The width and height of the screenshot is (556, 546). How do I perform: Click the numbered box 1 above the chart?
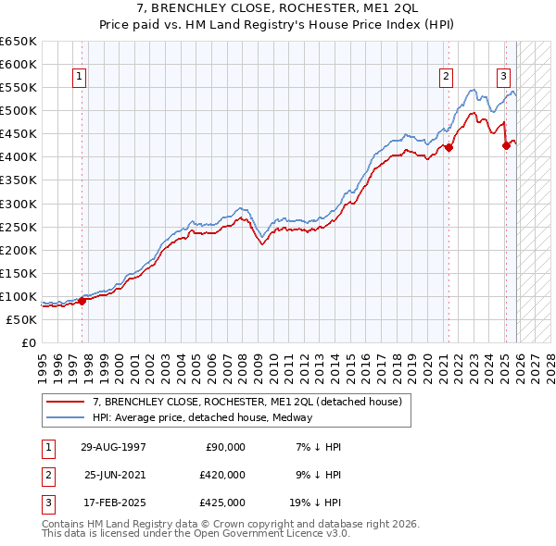80,77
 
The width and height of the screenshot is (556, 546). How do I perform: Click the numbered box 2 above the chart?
447,77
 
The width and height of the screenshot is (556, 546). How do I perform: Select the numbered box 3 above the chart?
503,77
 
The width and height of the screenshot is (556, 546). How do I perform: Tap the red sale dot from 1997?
82,300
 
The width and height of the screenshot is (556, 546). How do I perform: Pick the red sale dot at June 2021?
449,147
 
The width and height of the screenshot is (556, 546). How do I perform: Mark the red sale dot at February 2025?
506,144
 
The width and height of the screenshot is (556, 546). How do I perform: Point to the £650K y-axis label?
19,42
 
